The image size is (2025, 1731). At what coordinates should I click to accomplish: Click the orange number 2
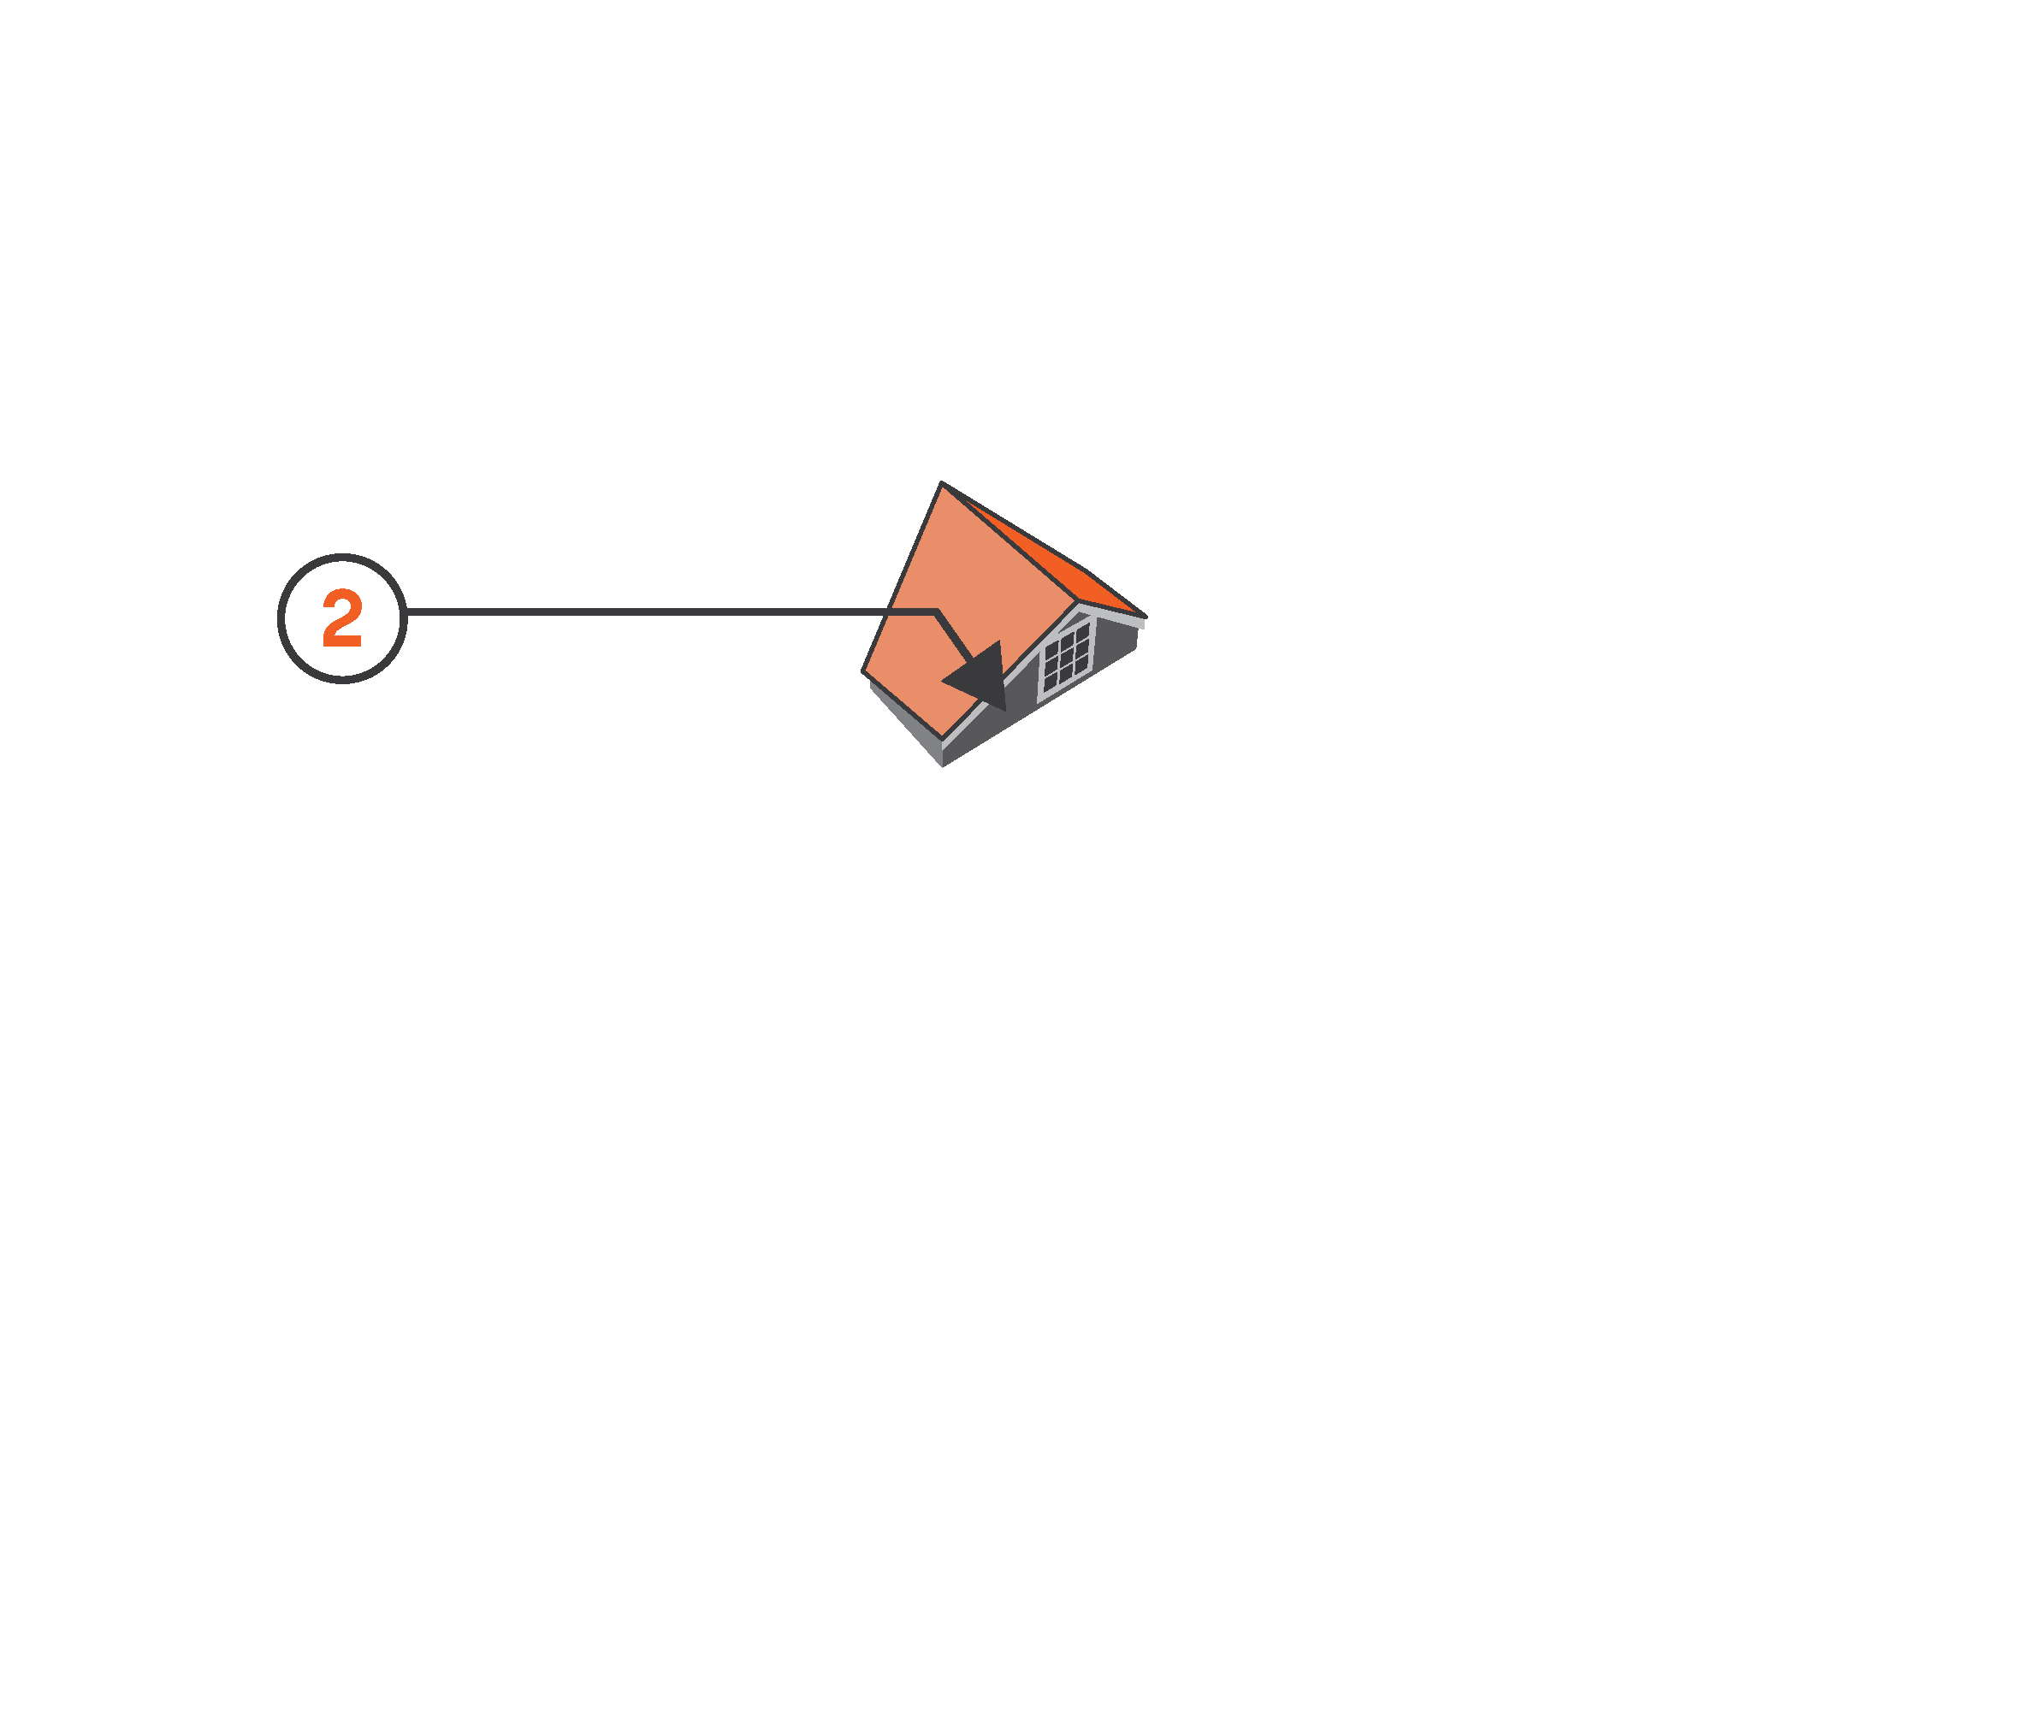point(342,617)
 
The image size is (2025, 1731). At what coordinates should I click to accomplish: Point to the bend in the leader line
point(936,612)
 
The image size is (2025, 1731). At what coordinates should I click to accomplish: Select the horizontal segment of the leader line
point(671,612)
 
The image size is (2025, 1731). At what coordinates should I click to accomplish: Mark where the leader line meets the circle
point(406,612)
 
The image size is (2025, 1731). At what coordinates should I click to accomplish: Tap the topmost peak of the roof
point(941,481)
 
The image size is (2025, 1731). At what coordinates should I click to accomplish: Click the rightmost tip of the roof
point(1146,617)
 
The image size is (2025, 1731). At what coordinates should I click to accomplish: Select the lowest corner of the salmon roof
point(942,740)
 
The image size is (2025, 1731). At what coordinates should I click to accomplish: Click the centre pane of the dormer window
point(1066,655)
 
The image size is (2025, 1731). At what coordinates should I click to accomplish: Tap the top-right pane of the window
point(1082,632)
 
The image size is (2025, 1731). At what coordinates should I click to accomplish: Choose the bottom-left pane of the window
point(1051,680)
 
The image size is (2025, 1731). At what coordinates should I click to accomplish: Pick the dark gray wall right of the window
point(1115,646)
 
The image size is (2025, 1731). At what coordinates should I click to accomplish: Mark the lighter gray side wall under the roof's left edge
point(905,724)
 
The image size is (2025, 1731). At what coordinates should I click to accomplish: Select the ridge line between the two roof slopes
point(1009,542)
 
